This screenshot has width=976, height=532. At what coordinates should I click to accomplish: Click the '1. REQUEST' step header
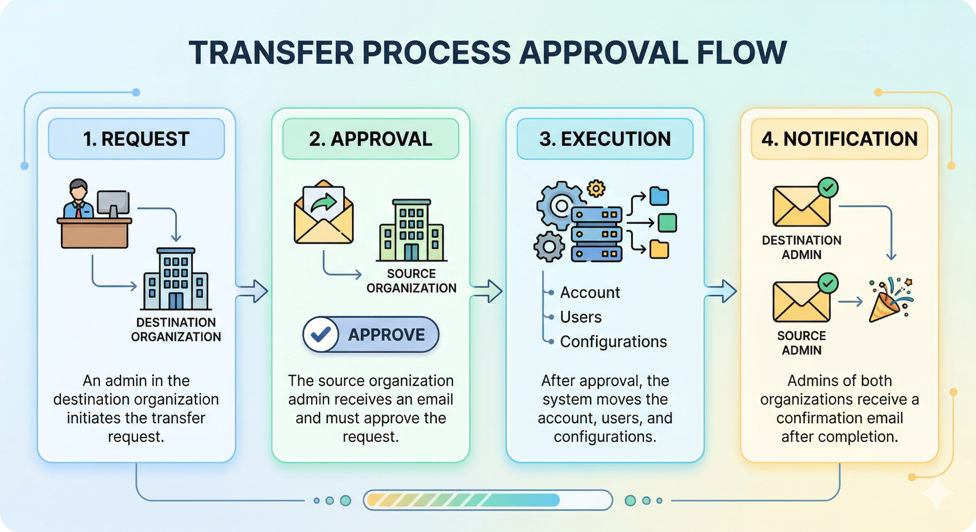coord(136,139)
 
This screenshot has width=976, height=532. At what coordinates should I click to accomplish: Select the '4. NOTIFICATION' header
coord(839,139)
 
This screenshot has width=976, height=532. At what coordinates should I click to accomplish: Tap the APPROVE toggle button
coord(371,334)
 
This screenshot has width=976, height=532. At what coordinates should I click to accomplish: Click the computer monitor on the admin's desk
coord(113,203)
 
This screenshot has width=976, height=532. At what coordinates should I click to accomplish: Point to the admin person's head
coord(78,190)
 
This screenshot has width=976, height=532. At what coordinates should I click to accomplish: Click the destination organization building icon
coord(176,280)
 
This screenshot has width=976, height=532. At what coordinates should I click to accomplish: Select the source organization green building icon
coord(411,231)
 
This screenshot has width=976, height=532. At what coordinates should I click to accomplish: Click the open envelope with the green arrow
coord(324,213)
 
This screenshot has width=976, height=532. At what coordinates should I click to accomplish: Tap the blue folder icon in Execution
coord(659,196)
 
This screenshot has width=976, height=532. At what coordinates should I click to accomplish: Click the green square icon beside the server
coord(667,223)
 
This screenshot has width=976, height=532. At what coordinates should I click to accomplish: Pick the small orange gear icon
coord(596,189)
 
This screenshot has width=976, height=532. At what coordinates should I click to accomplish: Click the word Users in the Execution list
coord(580,317)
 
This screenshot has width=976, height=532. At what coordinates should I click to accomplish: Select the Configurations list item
coord(613,342)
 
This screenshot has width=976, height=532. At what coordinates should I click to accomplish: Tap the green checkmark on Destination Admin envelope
coord(828,188)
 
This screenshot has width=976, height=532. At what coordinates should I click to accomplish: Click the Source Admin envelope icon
coord(801,302)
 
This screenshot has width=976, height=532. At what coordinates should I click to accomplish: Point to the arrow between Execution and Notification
coord(722,291)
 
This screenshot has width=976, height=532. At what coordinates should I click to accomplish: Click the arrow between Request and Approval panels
coord(253,291)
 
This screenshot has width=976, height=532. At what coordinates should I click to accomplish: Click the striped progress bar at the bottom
coord(487,500)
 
